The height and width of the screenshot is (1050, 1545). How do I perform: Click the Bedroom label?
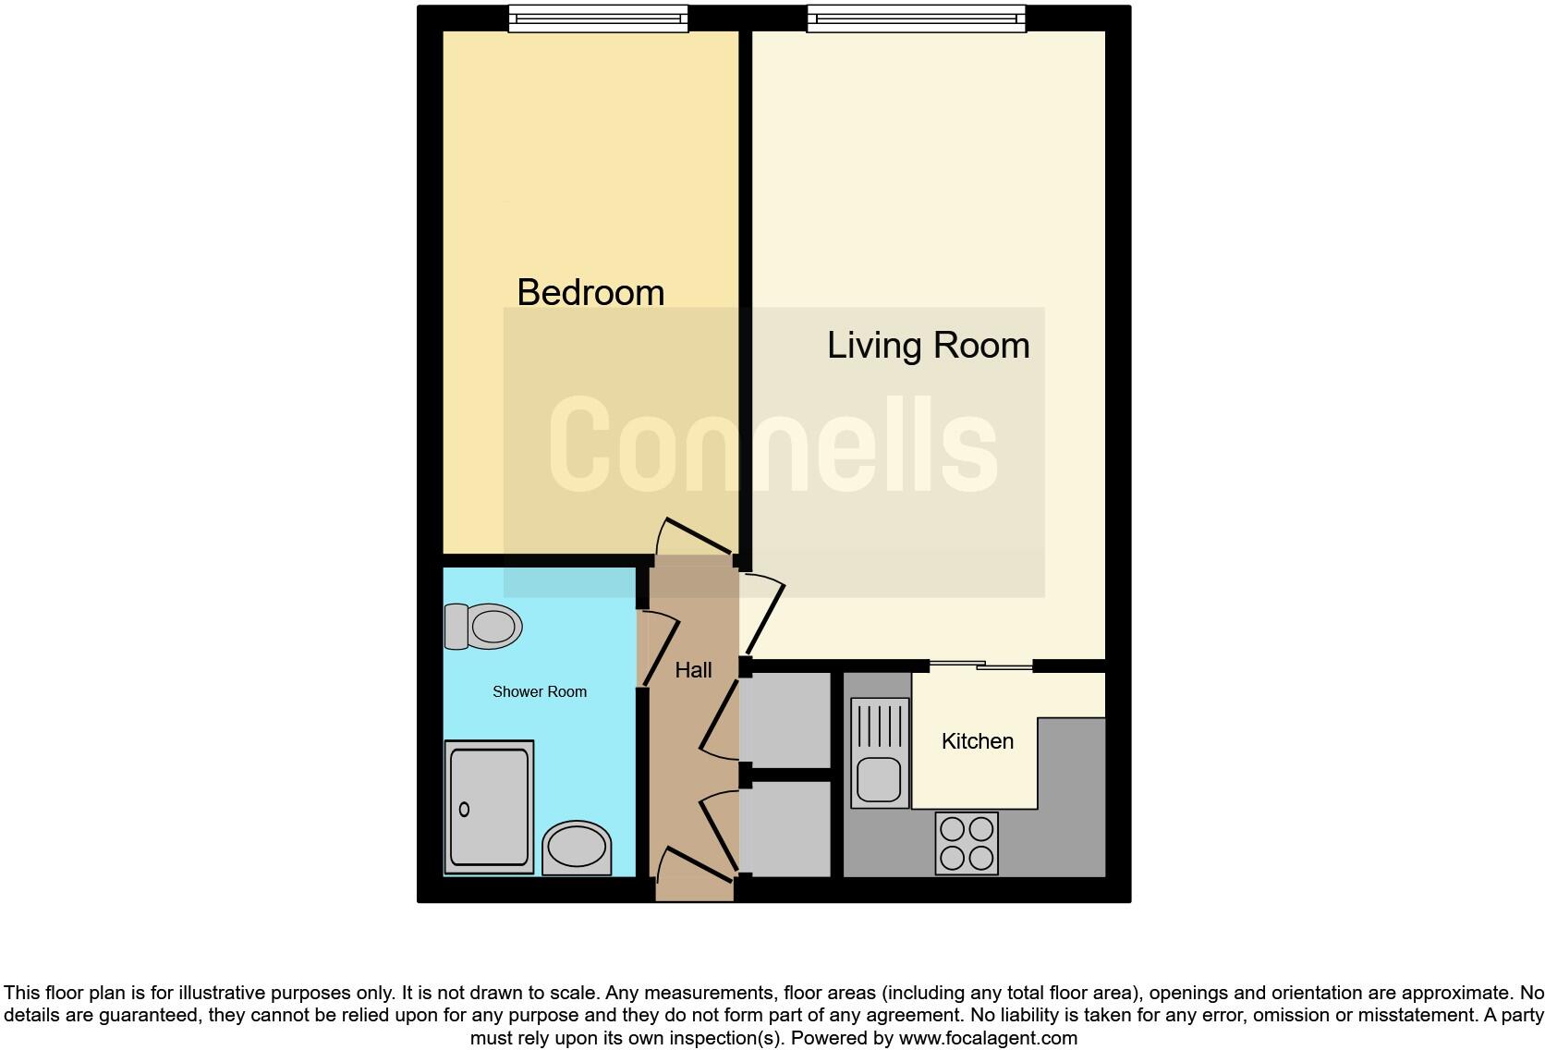click(x=590, y=293)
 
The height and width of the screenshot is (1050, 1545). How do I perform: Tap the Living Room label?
click(x=928, y=346)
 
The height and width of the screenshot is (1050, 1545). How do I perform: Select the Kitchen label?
click(x=977, y=741)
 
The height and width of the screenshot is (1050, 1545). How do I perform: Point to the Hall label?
click(x=693, y=670)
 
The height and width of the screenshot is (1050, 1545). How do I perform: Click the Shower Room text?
click(x=539, y=691)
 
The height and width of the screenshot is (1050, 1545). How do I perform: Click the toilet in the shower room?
click(x=483, y=627)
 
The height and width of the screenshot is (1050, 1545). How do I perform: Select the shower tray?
click(x=489, y=806)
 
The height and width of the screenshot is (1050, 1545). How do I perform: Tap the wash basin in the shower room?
click(x=577, y=848)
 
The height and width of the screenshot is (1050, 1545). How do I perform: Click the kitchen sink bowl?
click(x=878, y=779)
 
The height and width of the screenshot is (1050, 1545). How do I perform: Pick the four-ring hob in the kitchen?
click(x=967, y=843)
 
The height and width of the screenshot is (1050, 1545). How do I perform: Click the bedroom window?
click(x=598, y=18)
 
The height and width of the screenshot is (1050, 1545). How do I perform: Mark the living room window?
click(x=916, y=18)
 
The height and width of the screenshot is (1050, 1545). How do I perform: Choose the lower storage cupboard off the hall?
click(x=786, y=828)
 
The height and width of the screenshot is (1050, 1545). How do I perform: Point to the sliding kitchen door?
click(x=980, y=665)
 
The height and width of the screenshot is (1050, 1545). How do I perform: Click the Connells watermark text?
click(x=773, y=445)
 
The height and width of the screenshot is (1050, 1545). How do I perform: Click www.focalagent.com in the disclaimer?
click(x=988, y=1038)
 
